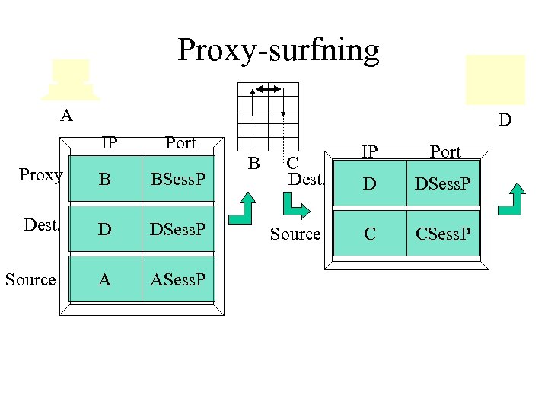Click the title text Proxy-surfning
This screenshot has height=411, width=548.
point(278,50)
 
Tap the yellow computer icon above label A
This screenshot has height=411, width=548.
point(71,79)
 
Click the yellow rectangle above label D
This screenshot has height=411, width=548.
point(495,79)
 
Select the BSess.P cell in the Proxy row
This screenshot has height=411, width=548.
point(178,180)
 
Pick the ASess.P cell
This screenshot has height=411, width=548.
point(178,279)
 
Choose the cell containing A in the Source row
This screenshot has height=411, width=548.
point(105,279)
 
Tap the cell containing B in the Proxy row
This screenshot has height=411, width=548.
point(105,180)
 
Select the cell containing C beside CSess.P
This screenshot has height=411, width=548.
point(370,234)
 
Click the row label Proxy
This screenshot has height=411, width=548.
point(40,175)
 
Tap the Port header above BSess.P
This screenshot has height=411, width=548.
point(180,142)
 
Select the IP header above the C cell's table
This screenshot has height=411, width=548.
point(369,151)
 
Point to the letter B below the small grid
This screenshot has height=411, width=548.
point(254,162)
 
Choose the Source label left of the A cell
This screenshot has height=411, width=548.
point(30,279)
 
